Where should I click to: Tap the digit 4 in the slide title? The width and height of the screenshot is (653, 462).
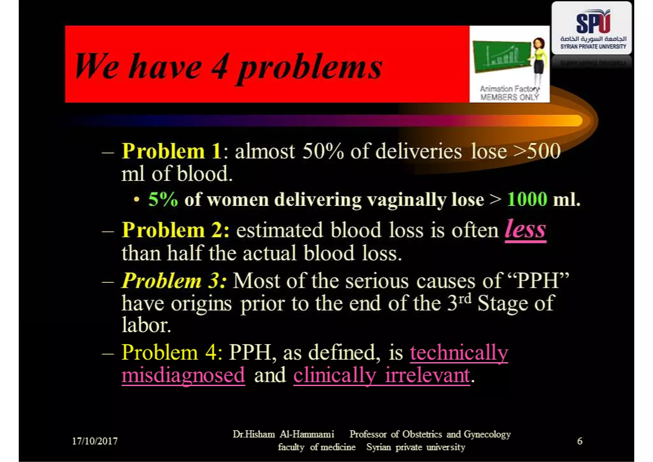pos(220,66)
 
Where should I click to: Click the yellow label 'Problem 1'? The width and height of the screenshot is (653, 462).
pos(171,151)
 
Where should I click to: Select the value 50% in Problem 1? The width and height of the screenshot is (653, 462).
pos(323,151)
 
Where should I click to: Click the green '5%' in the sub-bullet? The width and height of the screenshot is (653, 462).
pos(163,199)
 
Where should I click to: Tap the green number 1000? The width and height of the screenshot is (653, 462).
pos(527,199)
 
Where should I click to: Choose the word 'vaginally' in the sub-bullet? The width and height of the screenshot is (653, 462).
pos(407,200)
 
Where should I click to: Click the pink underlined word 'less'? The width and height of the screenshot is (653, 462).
pos(525,229)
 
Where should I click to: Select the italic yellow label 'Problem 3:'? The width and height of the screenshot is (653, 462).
pos(174,281)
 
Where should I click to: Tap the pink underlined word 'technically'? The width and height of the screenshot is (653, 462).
pos(459,353)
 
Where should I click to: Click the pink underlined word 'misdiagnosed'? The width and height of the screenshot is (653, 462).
pos(183,375)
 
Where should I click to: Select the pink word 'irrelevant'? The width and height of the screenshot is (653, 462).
pos(427,375)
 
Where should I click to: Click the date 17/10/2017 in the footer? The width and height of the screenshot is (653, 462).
pos(95,441)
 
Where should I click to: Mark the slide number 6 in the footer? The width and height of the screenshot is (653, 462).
pos(580,441)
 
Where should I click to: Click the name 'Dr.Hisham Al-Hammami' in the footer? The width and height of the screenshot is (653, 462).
pos(283,434)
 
